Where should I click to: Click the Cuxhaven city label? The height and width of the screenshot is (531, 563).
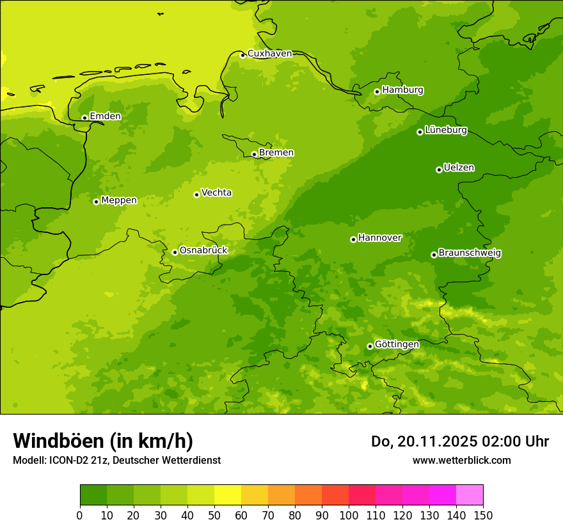(269, 54)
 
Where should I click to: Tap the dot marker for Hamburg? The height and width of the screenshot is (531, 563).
(377, 91)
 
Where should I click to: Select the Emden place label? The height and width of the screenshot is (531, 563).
(105, 116)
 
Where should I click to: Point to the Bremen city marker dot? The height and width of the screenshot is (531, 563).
(254, 154)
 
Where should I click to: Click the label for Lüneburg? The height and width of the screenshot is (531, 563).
(445, 131)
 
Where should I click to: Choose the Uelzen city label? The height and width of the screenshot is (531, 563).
(459, 168)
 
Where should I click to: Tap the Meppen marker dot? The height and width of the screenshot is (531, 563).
(96, 202)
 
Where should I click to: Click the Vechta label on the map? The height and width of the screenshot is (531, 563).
(216, 193)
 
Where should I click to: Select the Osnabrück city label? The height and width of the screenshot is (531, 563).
(203, 251)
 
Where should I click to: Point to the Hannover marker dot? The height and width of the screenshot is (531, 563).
(353, 239)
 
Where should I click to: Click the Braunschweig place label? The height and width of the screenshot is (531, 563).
(470, 253)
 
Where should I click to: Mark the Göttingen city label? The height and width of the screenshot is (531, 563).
(397, 345)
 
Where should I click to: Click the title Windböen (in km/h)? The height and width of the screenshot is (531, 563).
(102, 441)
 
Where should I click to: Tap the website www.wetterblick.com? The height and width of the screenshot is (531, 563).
(461, 460)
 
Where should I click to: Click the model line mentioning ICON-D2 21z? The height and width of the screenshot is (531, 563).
(116, 460)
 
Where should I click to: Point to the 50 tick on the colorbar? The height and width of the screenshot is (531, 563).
(214, 515)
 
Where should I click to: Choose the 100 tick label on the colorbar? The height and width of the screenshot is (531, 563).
(349, 515)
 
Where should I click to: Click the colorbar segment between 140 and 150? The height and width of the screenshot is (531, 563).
(470, 495)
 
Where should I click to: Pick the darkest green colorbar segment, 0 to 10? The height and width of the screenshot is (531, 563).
(93, 495)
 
